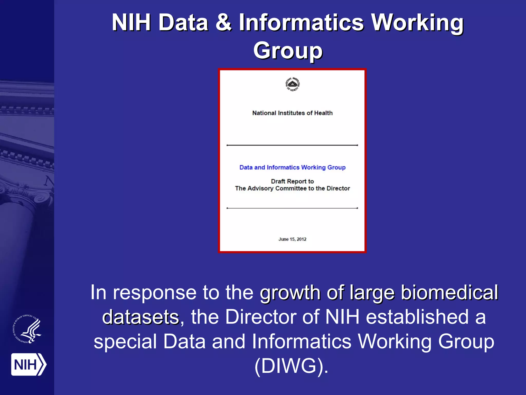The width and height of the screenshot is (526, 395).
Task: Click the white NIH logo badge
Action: coord(29,364)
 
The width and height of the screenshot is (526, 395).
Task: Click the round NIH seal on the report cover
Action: coord(293,84)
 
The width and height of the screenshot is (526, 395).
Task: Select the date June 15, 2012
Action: coord(292,239)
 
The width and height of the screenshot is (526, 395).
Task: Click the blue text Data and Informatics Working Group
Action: coord(292,167)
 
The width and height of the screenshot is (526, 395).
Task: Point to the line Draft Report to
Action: coord(292,181)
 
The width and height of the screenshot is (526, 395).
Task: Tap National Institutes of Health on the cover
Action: coord(292,113)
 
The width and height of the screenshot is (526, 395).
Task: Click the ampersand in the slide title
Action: coord(223,23)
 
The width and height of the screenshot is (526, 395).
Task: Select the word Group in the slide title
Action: coord(288,50)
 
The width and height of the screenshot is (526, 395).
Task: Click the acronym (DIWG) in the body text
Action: coord(291,366)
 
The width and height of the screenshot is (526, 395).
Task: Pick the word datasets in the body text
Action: coord(140,317)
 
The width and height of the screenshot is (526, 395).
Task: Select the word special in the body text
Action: coord(125,342)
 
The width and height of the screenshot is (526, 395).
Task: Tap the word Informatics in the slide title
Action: coord(302,23)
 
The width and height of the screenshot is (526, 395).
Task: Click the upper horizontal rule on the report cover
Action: coord(292,145)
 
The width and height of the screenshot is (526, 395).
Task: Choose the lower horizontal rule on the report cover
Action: coord(292,208)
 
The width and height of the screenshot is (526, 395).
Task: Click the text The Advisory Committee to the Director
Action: coord(292,188)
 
